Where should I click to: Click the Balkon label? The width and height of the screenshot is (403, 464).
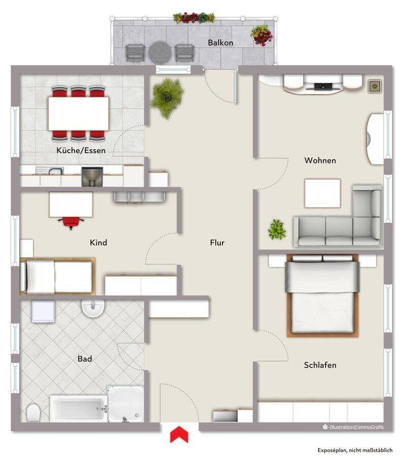(x=220, y=43)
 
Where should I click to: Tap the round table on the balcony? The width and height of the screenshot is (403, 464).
(x=160, y=52)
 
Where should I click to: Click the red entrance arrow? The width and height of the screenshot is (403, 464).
(x=179, y=434)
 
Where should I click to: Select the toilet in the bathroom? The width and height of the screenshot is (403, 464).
(x=33, y=412)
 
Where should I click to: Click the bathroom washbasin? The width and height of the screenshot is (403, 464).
(x=93, y=309)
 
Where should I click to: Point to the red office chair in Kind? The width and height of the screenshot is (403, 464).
(x=71, y=222)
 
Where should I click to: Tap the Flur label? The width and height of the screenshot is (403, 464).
(x=217, y=243)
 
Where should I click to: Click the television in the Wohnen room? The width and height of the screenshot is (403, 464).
(x=323, y=87)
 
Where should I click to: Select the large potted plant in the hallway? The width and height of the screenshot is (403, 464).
(x=166, y=97)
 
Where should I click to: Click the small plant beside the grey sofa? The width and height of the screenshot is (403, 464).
(x=277, y=229)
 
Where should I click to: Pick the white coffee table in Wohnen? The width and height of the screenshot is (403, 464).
(x=322, y=193)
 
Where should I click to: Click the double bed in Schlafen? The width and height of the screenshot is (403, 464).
(x=322, y=295)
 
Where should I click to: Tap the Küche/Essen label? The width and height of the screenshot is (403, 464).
(x=81, y=150)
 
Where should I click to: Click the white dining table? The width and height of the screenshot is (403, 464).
(x=78, y=113)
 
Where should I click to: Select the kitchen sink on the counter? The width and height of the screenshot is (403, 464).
(x=50, y=171)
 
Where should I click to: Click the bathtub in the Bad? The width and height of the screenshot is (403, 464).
(x=78, y=408)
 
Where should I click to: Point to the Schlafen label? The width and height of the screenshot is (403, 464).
(x=320, y=365)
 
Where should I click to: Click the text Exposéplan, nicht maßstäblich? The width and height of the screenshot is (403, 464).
(x=355, y=450)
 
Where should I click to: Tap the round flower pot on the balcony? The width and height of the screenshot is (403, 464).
(x=262, y=36)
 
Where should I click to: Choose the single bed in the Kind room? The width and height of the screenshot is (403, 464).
(x=58, y=277)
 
